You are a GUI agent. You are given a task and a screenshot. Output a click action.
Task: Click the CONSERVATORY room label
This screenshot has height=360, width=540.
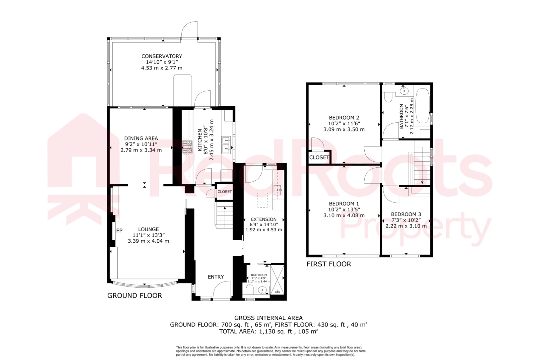162,56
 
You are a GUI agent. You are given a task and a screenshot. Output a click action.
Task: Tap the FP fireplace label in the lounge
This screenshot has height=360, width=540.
119,231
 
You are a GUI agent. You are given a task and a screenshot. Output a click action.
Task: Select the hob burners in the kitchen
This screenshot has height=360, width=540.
187,147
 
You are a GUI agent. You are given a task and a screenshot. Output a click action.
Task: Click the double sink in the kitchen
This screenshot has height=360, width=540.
226,145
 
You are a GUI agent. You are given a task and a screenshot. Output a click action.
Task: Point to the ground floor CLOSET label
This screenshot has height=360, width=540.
224,192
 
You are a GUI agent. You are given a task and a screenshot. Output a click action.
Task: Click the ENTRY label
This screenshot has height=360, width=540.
215,277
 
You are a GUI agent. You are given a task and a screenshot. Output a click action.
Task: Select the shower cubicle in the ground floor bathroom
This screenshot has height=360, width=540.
277,280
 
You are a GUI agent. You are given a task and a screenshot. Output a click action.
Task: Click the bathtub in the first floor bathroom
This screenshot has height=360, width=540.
422,105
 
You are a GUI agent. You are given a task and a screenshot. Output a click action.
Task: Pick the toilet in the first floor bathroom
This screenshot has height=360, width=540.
388,97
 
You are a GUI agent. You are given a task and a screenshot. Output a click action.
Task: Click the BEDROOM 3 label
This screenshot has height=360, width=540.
406,214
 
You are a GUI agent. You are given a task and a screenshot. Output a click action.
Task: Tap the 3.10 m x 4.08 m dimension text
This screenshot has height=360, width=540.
344,215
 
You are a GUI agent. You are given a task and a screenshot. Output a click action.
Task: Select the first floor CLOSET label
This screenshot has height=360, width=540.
319,157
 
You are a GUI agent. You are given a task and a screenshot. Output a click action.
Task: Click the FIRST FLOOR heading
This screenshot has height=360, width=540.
329,264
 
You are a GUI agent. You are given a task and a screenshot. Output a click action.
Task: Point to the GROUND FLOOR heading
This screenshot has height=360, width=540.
134,296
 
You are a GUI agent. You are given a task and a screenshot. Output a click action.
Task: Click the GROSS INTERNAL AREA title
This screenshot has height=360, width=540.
268,318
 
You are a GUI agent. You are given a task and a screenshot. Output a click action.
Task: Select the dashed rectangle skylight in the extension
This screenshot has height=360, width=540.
262,200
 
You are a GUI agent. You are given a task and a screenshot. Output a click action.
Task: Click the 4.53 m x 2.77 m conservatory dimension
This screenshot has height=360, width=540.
162,68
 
